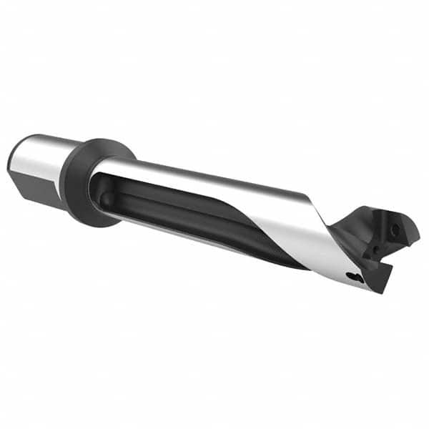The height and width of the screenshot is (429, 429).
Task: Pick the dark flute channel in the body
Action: tap(186, 207)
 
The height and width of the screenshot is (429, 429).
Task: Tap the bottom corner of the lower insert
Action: tap(383, 292)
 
